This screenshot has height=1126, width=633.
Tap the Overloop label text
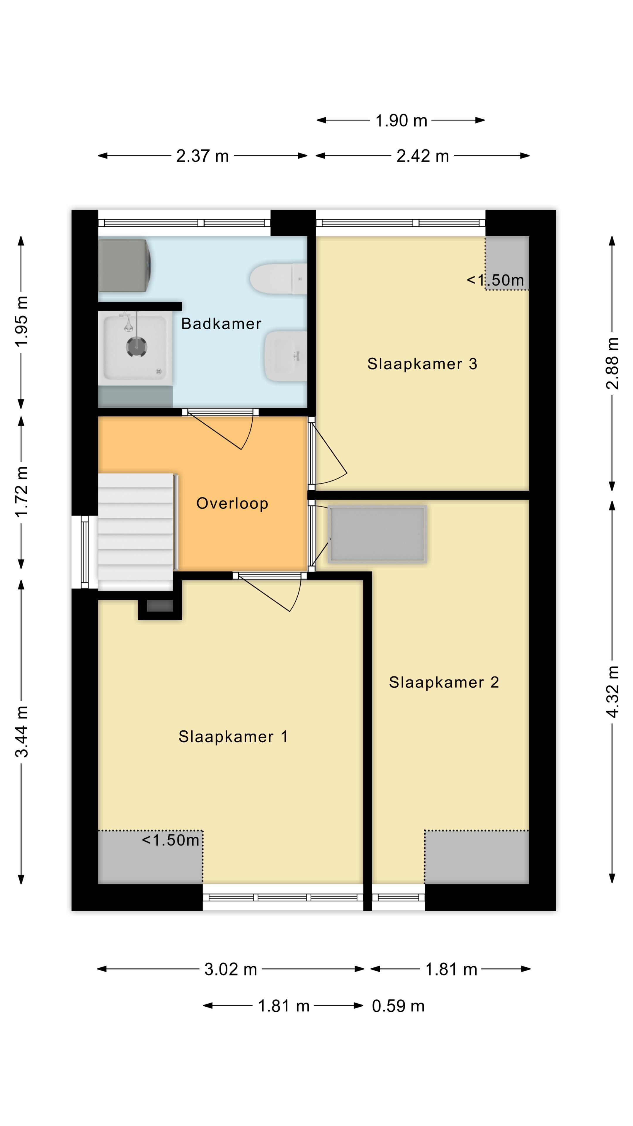pos(232,503)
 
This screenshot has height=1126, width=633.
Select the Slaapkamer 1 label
pos(233,737)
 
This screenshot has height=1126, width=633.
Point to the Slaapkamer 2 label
pos(444,682)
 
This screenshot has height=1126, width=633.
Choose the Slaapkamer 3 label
pos(422,364)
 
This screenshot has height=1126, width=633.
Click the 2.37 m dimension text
pos(202,156)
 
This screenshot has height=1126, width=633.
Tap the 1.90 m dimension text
pos(401,120)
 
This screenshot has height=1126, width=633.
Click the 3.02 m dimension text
pos(231,969)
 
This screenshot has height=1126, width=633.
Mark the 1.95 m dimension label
pos(21,321)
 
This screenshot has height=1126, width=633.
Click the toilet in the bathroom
pos(278,279)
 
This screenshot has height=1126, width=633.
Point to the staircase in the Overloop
pos(136,532)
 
